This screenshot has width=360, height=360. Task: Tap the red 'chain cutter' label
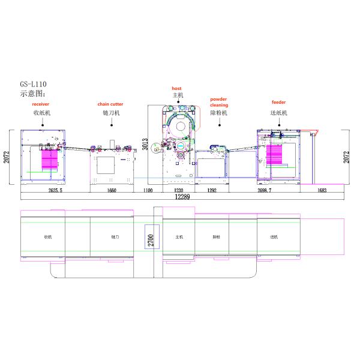[110, 104]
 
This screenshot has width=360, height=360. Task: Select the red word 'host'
[176, 88]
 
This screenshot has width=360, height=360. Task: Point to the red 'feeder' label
[278, 103]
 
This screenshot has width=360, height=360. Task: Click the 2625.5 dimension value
[55, 190]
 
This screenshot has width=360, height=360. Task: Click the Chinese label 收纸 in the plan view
[47, 237]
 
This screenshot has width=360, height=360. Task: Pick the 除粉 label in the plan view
[215, 237]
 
